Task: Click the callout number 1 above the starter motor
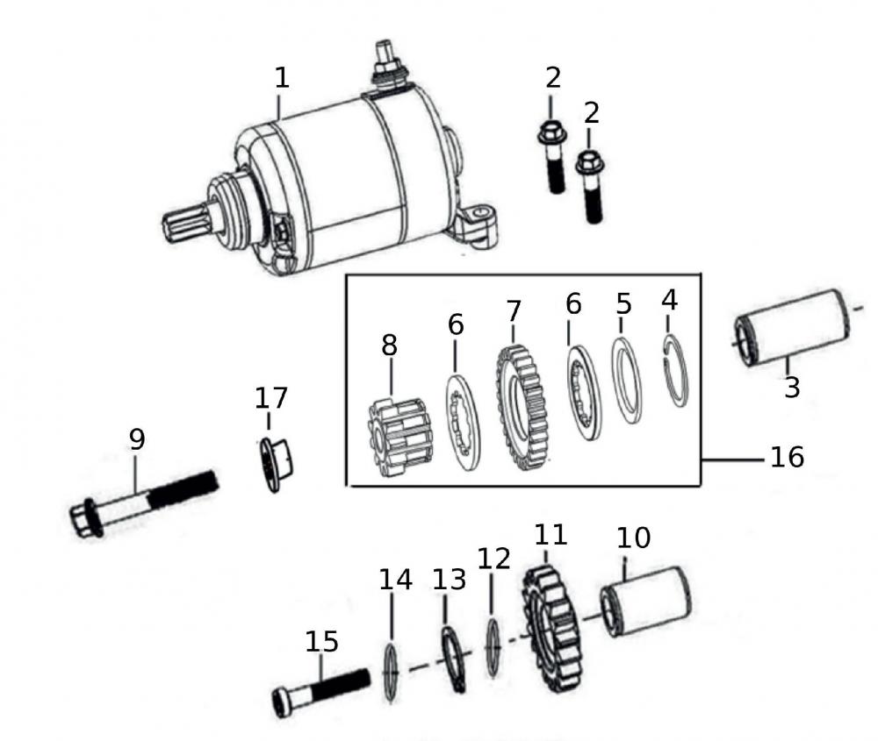[281, 77]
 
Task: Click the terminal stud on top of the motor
[385, 56]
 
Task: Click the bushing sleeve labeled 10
[645, 601]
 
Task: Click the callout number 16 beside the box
[787, 457]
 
